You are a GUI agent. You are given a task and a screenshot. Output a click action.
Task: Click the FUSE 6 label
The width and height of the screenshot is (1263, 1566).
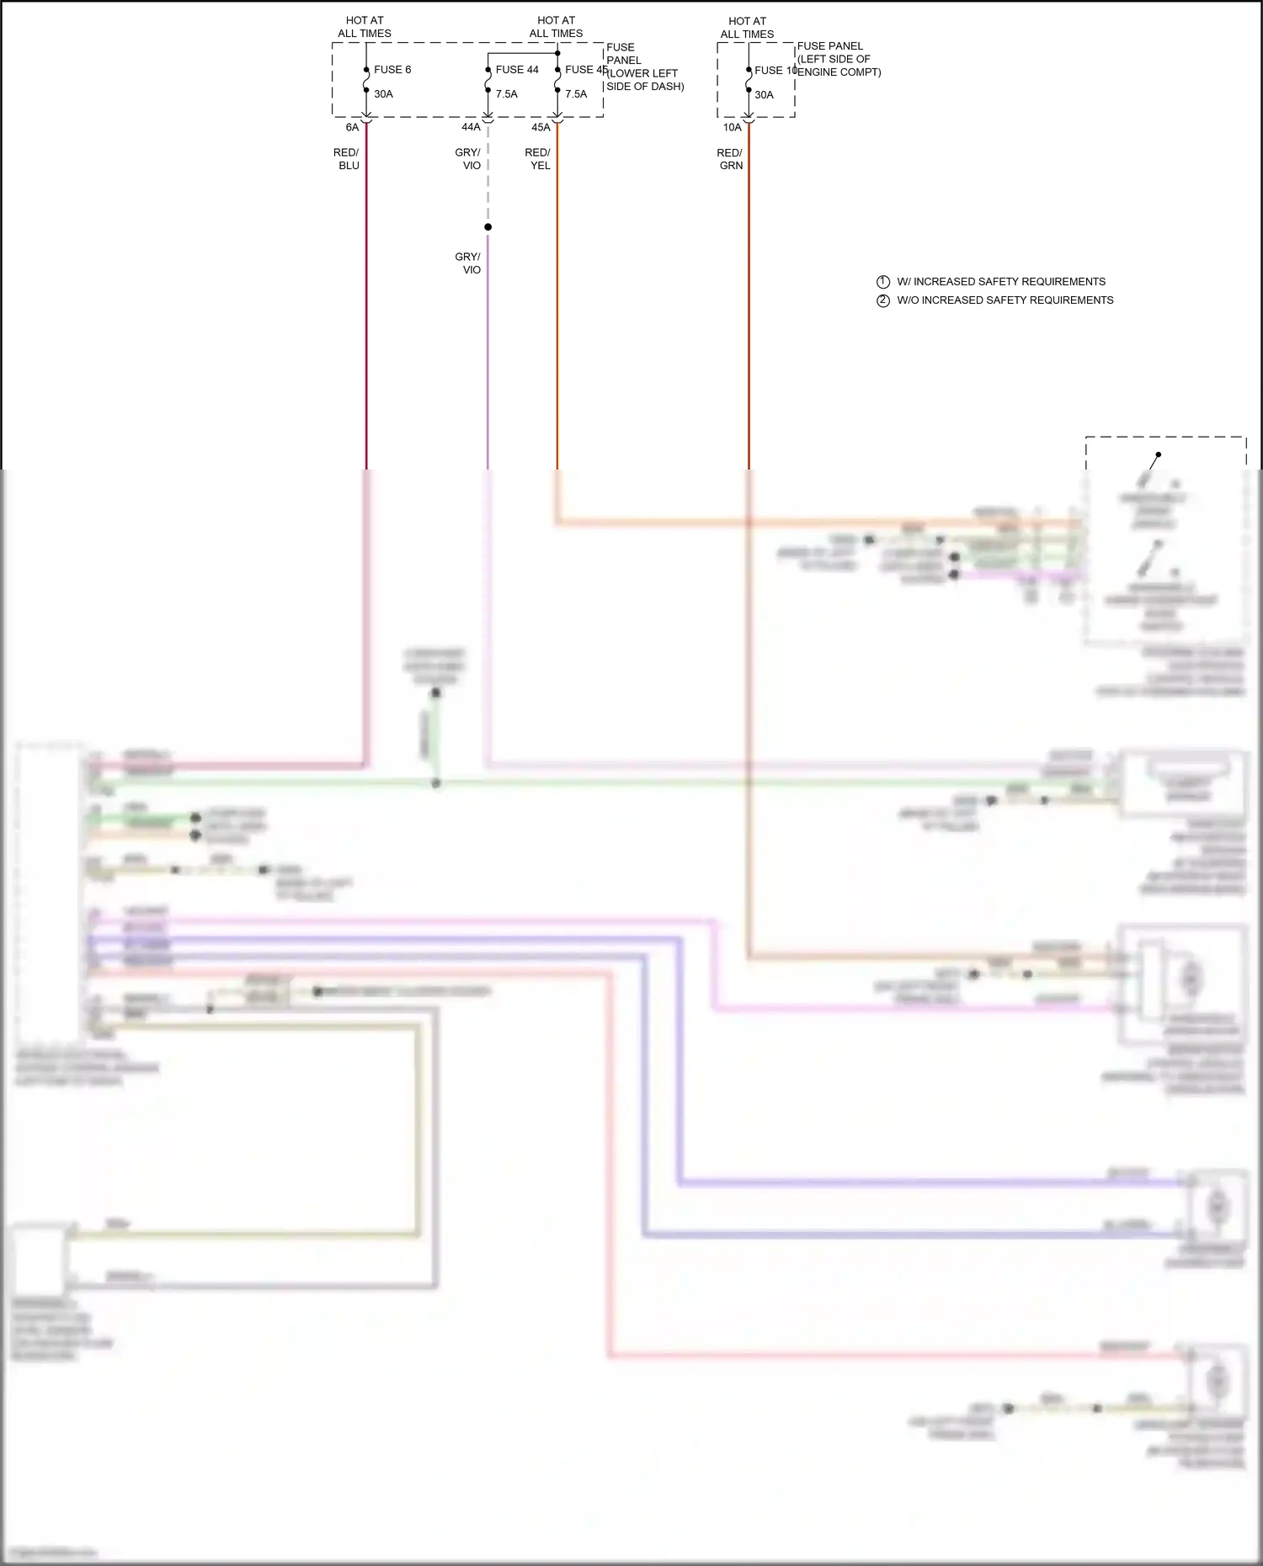pyautogui.click(x=392, y=70)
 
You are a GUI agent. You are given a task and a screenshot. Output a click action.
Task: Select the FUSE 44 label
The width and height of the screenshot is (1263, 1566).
pyautogui.click(x=516, y=70)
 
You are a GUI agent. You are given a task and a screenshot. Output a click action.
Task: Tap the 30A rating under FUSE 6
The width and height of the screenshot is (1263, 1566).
pyautogui.click(x=383, y=94)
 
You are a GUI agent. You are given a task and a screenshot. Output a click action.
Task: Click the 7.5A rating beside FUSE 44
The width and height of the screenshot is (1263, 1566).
pyautogui.click(x=506, y=94)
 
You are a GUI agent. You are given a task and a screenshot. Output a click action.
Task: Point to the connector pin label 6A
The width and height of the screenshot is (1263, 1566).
pyautogui.click(x=352, y=128)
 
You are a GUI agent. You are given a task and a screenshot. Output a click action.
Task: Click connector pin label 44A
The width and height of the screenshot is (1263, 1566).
pyautogui.click(x=471, y=127)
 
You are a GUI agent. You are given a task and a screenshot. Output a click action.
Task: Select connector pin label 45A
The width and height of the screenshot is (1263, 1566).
pyautogui.click(x=541, y=128)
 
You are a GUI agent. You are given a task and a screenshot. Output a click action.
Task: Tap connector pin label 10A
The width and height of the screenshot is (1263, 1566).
pyautogui.click(x=732, y=128)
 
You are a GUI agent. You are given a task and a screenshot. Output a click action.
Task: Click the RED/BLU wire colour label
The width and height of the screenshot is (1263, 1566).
pyautogui.click(x=347, y=159)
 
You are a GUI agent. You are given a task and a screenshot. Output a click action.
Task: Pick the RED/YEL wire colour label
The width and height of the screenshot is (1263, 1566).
pyautogui.click(x=538, y=159)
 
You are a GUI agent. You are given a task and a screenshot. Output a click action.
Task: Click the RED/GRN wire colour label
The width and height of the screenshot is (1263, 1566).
pyautogui.click(x=730, y=159)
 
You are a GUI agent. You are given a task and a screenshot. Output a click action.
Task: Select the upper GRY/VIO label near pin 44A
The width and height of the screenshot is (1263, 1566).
pyautogui.click(x=468, y=159)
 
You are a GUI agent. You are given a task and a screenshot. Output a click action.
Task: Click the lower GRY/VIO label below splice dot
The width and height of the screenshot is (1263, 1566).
pyautogui.click(x=468, y=263)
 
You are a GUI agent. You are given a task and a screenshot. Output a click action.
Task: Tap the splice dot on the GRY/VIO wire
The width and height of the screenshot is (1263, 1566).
pyautogui.click(x=488, y=227)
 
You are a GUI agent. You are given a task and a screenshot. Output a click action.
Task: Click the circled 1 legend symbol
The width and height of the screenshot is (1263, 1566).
pyautogui.click(x=883, y=282)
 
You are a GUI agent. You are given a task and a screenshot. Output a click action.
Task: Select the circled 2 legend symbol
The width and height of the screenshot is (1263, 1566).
pyautogui.click(x=883, y=300)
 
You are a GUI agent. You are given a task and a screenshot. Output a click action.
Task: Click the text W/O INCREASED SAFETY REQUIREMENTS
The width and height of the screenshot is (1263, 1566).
pyautogui.click(x=1005, y=300)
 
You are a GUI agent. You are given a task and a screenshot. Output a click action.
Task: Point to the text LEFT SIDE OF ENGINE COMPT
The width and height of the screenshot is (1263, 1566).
pyautogui.click(x=839, y=66)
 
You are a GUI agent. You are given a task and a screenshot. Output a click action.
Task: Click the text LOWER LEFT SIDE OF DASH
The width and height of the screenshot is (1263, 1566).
pyautogui.click(x=645, y=80)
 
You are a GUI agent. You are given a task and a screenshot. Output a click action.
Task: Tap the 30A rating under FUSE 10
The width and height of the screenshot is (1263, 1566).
pyautogui.click(x=764, y=95)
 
